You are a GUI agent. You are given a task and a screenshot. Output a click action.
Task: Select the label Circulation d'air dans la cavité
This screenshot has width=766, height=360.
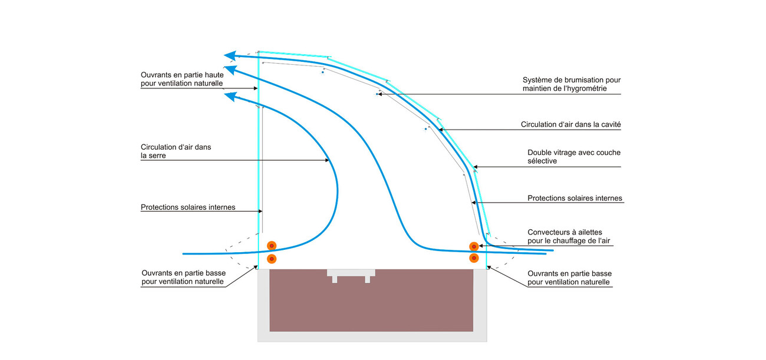pos(571,125)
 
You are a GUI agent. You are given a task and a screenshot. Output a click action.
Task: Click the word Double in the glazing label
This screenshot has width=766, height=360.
pos(540,153)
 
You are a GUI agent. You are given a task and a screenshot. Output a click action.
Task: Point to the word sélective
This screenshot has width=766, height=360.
pos(542,161)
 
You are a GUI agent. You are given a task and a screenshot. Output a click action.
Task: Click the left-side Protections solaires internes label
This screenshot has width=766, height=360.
pos(188,207)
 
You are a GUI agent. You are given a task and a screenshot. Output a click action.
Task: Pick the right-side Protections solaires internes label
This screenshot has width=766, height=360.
pos(574,199)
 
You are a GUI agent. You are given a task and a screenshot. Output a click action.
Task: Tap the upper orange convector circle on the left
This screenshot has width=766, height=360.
pos(272,246)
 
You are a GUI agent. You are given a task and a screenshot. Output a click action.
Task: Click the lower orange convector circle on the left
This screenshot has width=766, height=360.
pos(272,259)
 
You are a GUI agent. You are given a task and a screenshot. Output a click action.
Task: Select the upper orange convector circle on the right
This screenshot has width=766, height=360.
pos(474,246)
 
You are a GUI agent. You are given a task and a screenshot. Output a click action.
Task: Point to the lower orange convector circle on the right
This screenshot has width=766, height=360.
pos(474,258)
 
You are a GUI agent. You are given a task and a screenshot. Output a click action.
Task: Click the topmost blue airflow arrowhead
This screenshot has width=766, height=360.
pos(230,56)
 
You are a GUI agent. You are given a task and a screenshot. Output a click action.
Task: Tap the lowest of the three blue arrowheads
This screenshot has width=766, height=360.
pos(230,97)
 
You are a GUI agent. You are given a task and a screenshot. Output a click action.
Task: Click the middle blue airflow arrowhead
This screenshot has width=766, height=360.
pos(230,70)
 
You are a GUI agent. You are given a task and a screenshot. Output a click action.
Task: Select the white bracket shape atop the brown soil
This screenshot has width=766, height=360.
pos(351,275)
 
